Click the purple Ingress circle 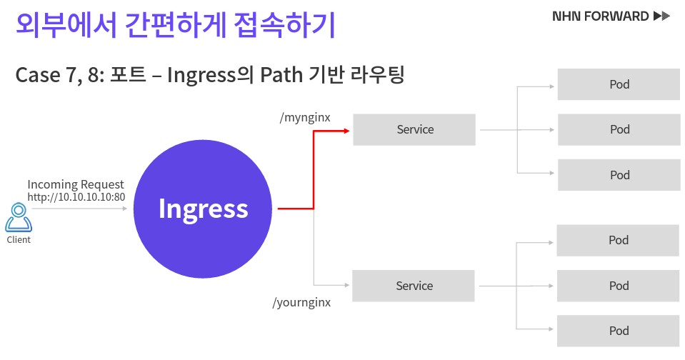[203, 209]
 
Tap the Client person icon [19, 217]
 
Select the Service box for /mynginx [414, 129]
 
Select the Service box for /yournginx [414, 286]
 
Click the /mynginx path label [305, 117]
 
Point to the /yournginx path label [301, 302]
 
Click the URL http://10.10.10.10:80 [76, 196]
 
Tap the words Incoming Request [76, 184]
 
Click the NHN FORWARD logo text [600, 16]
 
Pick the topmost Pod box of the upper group [619, 84]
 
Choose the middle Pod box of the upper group [619, 129]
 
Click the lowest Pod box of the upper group [619, 175]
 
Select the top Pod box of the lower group [618, 240]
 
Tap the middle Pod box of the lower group [618, 286]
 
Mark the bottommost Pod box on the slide [618, 331]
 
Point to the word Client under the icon [19, 240]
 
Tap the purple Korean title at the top [175, 24]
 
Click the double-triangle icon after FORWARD [661, 16]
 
